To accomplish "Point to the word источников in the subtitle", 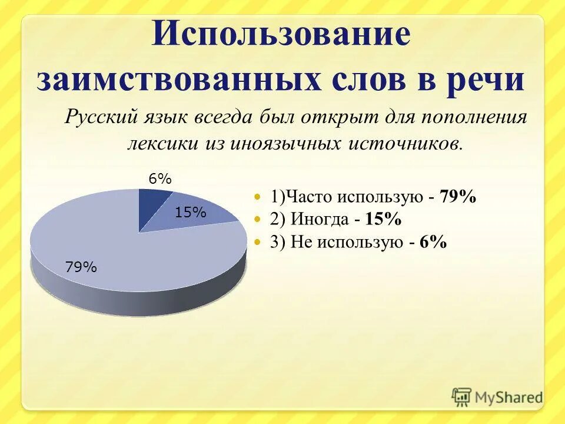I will pos(406,143).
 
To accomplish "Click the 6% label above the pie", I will pos(159,180).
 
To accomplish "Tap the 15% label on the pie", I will pos(190,213).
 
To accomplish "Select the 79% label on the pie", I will pos(81,267).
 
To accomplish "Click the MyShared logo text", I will pos(508,397).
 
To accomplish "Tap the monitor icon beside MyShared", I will pos(462,397).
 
